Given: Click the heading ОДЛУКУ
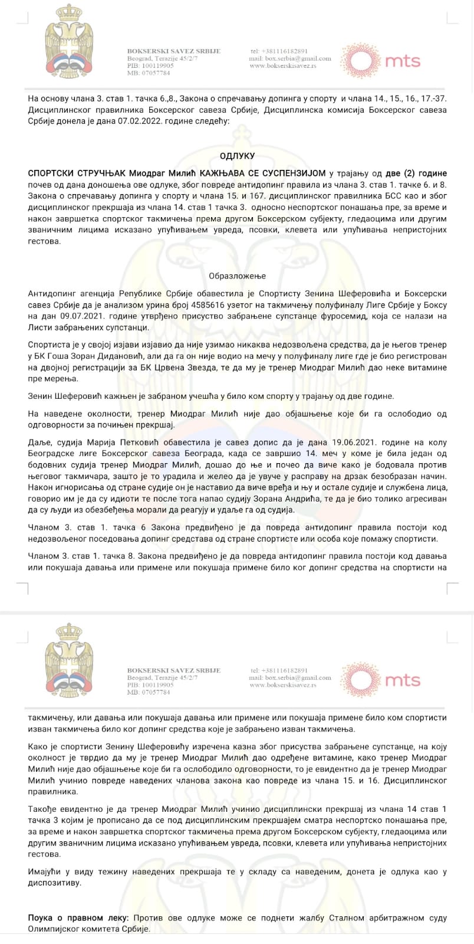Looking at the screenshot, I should [237, 156].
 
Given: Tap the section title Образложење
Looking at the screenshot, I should [237, 276].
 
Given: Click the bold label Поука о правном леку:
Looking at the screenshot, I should [78, 918].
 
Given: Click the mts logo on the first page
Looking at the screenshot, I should [382, 60].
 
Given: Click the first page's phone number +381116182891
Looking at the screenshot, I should [279, 51].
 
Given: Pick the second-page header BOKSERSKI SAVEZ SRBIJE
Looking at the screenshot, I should [174, 670].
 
